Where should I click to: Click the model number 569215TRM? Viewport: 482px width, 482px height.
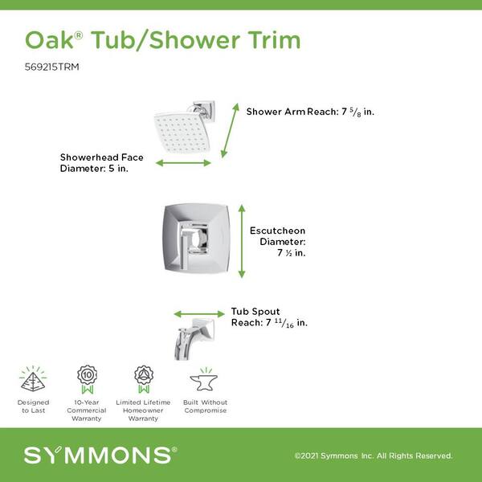[51, 67]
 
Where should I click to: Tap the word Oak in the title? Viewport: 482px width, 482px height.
[49, 40]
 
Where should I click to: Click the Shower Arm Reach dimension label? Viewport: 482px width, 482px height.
[310, 112]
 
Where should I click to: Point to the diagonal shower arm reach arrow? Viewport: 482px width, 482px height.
[230, 131]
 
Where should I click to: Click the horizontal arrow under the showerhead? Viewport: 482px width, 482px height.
[183, 163]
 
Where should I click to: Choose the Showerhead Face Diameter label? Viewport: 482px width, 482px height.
[102, 163]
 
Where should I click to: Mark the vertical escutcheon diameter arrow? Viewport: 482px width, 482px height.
[242, 241]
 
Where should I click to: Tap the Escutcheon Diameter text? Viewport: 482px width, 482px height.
[278, 242]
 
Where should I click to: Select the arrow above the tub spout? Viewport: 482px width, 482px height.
[199, 314]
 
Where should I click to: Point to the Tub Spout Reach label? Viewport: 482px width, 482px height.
[269, 317]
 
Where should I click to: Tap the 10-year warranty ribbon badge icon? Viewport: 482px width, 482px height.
[88, 379]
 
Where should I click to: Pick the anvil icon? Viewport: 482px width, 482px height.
[203, 381]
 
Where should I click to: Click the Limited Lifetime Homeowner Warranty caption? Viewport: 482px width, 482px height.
[143, 411]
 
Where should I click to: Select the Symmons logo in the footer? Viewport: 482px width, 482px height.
[100, 455]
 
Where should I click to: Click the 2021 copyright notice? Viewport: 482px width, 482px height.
[374, 455]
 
